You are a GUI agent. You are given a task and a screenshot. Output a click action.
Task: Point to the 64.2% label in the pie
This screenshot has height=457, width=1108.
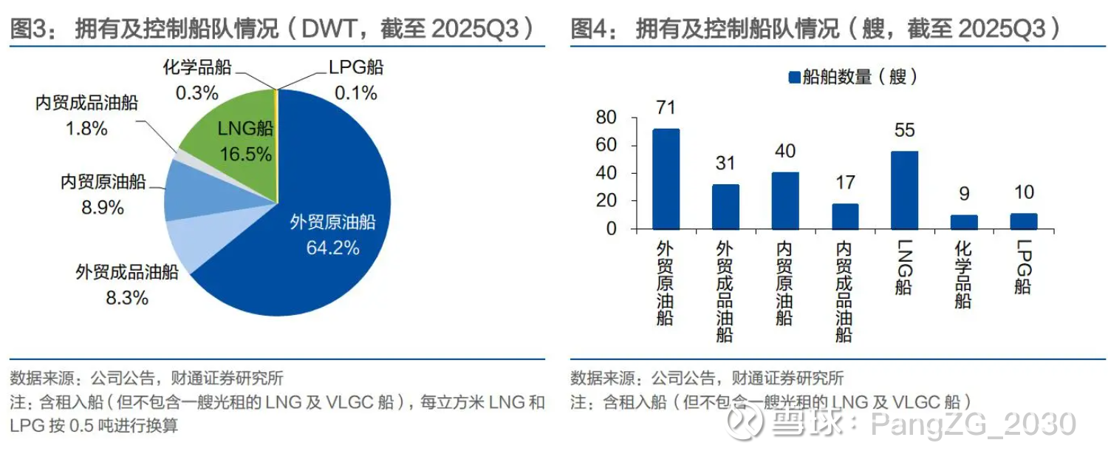pos(332,248)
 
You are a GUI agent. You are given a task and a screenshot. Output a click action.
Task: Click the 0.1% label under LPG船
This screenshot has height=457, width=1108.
pos(355,93)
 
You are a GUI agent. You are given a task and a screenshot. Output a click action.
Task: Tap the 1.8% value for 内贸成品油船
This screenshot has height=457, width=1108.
pos(86,128)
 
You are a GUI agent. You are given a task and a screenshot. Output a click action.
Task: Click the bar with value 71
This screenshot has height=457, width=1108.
pos(666,178)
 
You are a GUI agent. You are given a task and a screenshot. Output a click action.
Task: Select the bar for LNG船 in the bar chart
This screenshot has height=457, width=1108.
pos(904,189)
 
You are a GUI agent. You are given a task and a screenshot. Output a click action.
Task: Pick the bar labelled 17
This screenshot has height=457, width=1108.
pos(845,216)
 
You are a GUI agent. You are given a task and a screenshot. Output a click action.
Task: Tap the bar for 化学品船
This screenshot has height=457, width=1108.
pos(964,221)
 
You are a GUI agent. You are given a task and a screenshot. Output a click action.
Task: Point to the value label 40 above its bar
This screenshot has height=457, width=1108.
pos(784,152)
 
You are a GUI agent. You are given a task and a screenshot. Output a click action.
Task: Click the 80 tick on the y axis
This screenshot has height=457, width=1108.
pos(606,118)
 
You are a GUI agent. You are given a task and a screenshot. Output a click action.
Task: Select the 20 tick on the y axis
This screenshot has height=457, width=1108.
pos(606,201)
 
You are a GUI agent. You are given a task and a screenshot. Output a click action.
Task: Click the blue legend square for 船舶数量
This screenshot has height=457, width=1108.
pos(795,77)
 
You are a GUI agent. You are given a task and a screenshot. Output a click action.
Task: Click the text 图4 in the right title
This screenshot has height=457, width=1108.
pos(588,29)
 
